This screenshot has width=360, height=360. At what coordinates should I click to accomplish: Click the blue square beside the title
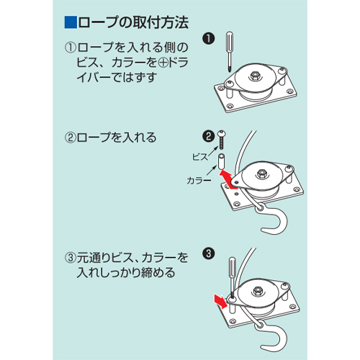(71, 22)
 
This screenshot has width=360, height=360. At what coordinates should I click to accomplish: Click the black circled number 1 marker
(208, 38)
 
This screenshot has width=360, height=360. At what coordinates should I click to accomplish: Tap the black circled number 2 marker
(208, 136)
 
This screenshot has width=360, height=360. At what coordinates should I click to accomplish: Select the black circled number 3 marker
(208, 253)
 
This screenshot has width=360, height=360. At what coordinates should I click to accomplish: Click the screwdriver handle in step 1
(230, 42)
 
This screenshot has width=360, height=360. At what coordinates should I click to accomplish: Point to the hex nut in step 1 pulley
(255, 76)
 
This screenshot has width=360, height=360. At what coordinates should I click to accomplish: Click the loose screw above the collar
(222, 140)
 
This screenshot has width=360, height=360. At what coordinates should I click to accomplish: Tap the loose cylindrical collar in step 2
(221, 162)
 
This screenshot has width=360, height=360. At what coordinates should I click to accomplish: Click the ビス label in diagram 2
(200, 157)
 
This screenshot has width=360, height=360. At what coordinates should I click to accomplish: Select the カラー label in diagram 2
(199, 181)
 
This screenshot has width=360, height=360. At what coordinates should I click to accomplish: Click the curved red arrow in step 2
(228, 179)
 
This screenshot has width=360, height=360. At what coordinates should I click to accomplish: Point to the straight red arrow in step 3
(221, 301)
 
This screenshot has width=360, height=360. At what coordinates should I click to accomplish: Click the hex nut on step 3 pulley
(258, 291)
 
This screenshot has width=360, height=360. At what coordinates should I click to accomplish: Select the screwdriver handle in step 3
(233, 267)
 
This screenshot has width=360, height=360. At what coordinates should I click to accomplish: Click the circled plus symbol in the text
(163, 63)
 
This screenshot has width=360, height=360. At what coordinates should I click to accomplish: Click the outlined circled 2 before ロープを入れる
(71, 138)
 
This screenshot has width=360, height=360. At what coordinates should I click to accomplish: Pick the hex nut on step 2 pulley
(261, 174)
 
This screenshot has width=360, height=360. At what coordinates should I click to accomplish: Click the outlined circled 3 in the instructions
(71, 258)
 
